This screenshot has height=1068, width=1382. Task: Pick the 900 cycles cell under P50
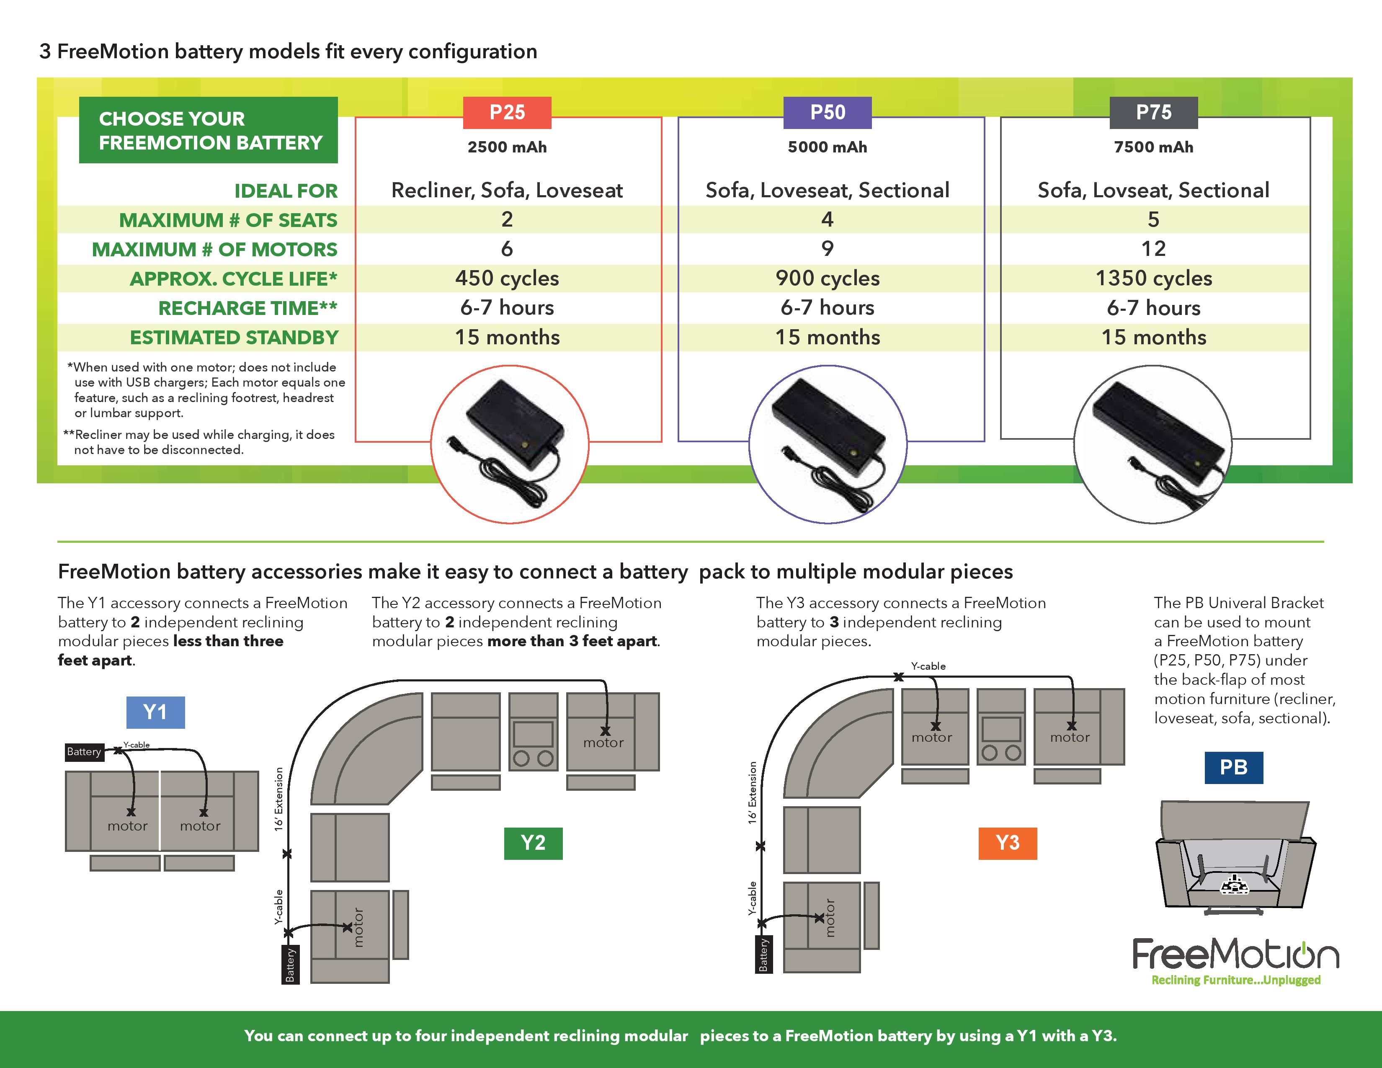tap(828, 279)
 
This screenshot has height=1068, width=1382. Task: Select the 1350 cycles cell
tap(1154, 279)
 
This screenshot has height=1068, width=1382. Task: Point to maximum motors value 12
tap(1154, 249)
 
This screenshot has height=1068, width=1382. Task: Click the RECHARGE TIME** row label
tap(248, 308)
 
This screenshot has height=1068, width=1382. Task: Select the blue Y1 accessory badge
tap(156, 712)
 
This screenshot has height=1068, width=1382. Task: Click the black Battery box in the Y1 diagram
tap(85, 752)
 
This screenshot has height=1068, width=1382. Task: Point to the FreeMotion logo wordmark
tap(1235, 955)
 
